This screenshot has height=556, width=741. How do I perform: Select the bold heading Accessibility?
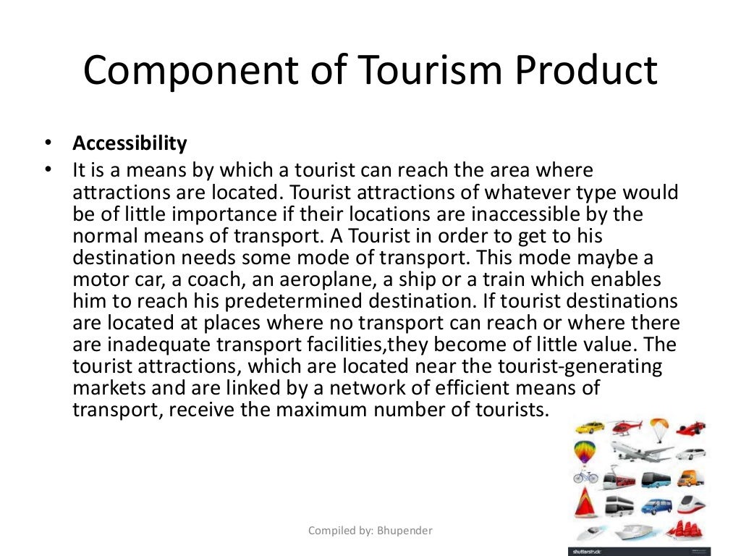(x=130, y=143)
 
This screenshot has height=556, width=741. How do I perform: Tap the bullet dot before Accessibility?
(x=48, y=143)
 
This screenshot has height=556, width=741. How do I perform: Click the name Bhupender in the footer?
(x=405, y=531)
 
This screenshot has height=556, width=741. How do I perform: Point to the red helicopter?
(x=625, y=426)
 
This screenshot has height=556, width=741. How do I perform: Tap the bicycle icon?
(x=585, y=477)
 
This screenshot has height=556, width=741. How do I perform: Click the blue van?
(x=657, y=504)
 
